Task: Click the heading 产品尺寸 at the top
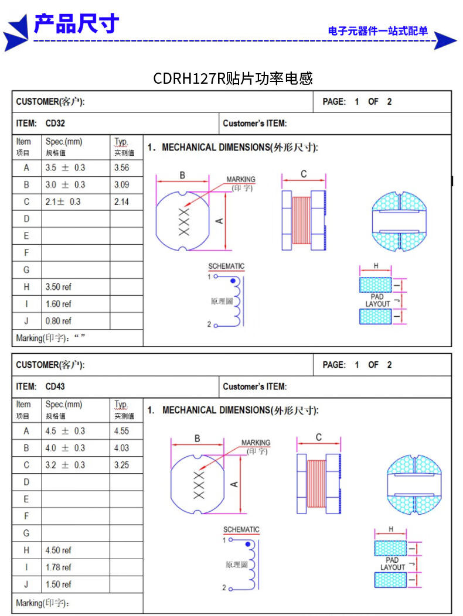(76, 24)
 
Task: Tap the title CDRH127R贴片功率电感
(233, 78)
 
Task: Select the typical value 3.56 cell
(122, 167)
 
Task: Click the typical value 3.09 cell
(122, 184)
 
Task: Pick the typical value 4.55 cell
(122, 431)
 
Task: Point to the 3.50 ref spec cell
(59, 287)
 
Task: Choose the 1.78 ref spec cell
(59, 567)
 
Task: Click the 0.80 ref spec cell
(59, 321)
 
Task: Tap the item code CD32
(55, 124)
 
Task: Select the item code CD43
(55, 386)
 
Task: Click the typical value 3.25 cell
(122, 465)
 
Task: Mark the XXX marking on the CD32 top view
(184, 221)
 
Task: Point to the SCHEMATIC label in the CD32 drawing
(226, 266)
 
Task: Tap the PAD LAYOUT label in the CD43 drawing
(393, 563)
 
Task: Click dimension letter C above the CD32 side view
(304, 174)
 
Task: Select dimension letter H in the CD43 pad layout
(391, 529)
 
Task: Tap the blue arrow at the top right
(445, 40)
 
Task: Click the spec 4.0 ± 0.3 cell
(65, 448)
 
